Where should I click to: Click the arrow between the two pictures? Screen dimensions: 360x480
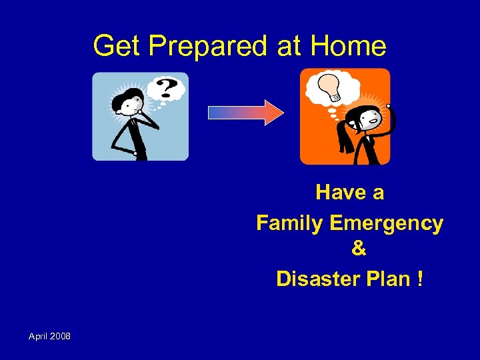(245, 112)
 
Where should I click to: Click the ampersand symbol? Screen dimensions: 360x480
(358, 249)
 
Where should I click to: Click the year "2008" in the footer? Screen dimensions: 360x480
(61, 336)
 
